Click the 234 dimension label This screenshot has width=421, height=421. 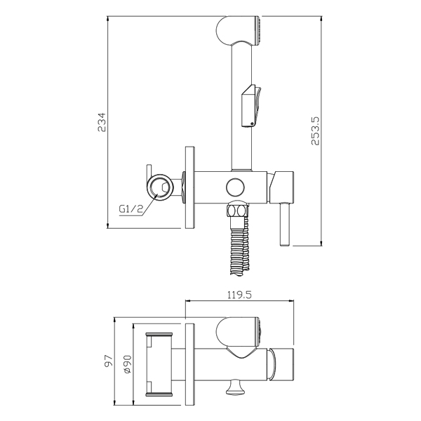102,122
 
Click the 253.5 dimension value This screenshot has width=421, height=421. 315,131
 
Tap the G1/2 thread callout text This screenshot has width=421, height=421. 131,208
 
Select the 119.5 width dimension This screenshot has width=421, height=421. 239,295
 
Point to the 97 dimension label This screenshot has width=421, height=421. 109,361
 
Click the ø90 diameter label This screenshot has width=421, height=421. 128,363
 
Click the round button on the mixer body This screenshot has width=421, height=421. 235,187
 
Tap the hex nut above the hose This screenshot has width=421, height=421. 237,210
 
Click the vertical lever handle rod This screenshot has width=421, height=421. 284,224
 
